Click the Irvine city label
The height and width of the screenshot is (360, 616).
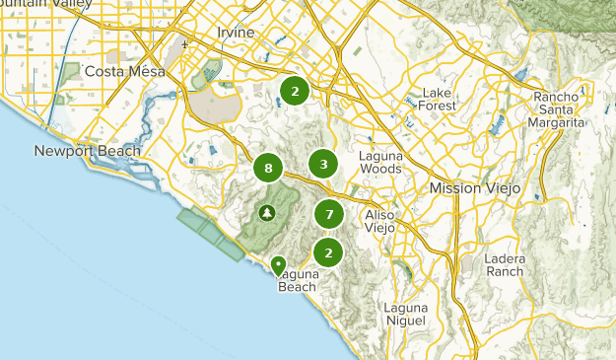235,33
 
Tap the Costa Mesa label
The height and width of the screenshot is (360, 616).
124,71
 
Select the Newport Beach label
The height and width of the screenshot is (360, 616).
88,151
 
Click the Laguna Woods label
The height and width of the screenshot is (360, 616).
380,162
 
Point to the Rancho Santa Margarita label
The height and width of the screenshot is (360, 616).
560,109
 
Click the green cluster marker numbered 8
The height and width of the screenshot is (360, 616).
268,169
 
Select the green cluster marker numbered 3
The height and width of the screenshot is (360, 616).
322,164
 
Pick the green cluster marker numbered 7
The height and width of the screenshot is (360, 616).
329,213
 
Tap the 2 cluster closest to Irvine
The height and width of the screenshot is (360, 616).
294,91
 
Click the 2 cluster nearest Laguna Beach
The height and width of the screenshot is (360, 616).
328,252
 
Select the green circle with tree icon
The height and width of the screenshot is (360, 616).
267,213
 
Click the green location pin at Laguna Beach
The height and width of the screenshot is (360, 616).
279,265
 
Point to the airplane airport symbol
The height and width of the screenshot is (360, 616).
184,44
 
